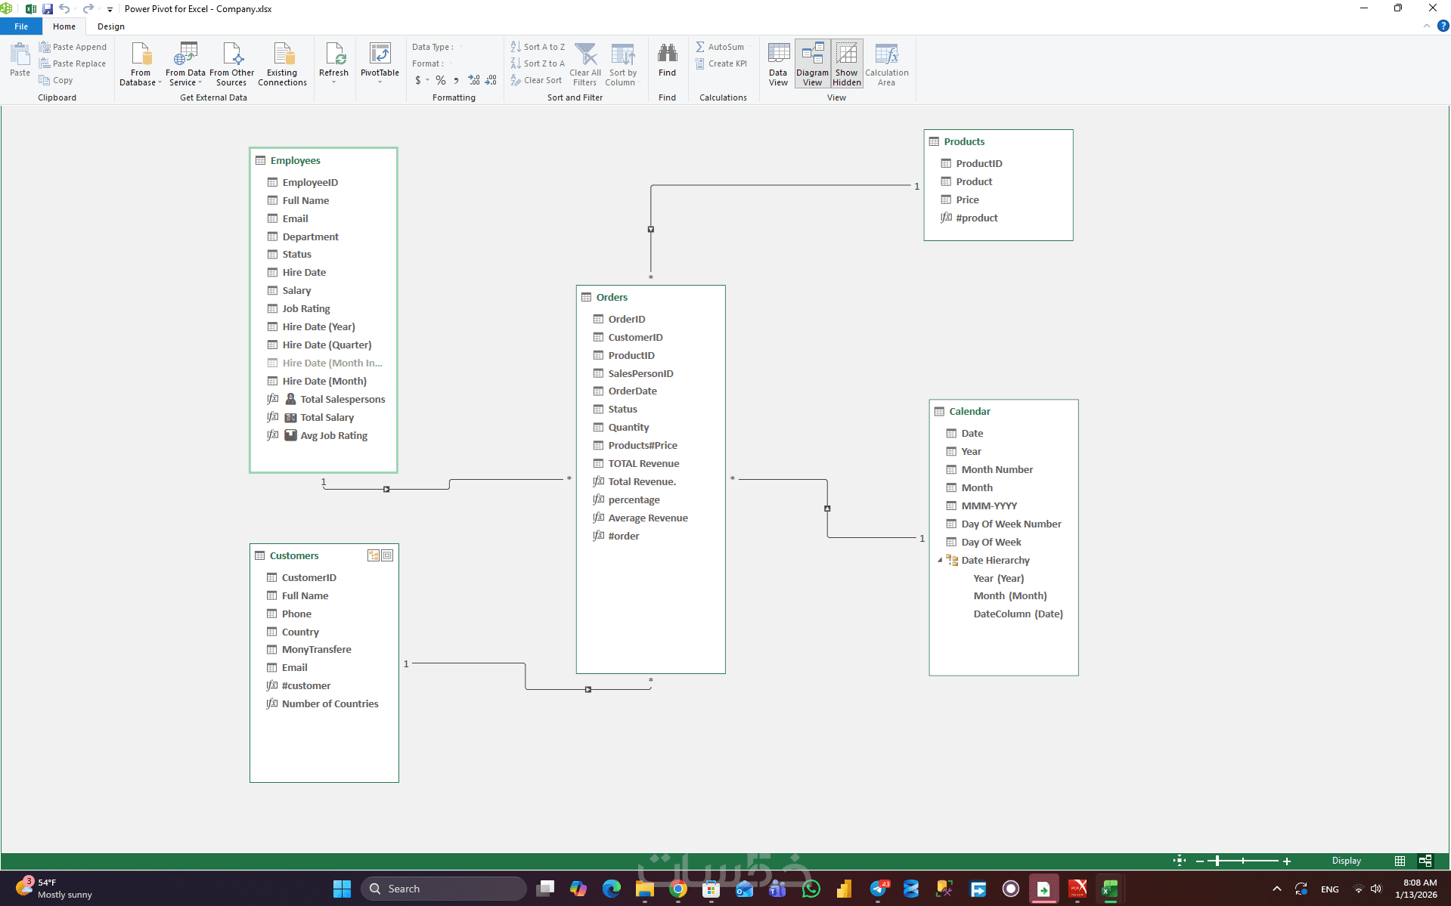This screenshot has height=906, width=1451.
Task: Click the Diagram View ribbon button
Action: [x=812, y=64]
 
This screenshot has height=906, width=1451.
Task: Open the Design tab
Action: [x=111, y=26]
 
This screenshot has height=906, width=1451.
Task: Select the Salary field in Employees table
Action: [x=296, y=291]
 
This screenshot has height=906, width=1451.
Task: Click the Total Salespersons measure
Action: [x=343, y=400]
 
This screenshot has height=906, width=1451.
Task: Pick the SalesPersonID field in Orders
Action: [x=640, y=373]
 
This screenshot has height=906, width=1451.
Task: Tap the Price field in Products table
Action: [x=967, y=200]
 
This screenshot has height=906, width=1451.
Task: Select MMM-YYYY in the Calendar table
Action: [x=989, y=506]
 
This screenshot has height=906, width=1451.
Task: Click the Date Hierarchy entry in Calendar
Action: [x=995, y=561]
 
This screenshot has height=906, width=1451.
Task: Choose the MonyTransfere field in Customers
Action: [x=316, y=650]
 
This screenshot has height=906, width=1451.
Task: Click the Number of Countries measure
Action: [x=330, y=704]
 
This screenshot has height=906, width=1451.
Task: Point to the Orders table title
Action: [x=612, y=298]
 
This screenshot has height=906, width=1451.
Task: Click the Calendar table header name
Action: [x=969, y=412]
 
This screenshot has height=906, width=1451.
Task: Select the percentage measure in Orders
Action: [x=634, y=500]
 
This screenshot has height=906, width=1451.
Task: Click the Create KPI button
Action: [x=721, y=63]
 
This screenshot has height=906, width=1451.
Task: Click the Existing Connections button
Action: [x=282, y=64]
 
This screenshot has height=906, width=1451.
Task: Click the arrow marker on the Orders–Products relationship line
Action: [x=651, y=230]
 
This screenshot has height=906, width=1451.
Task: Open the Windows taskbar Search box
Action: [x=444, y=889]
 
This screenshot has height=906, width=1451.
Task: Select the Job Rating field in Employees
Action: [x=305, y=309]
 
